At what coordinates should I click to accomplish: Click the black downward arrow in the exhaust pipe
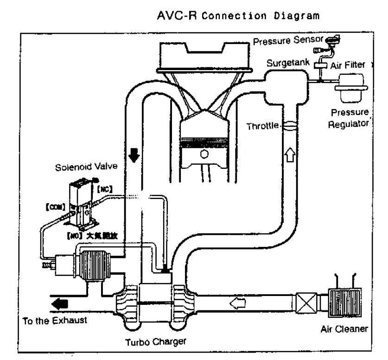(x=134, y=156)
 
